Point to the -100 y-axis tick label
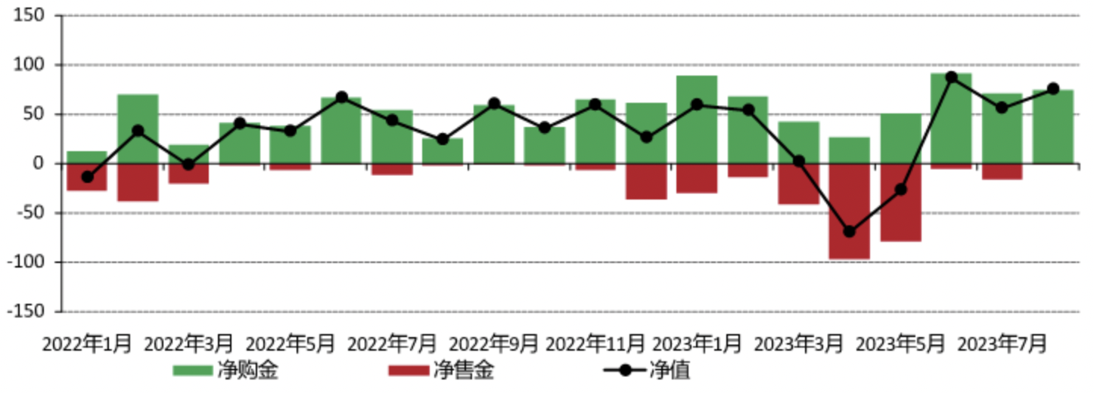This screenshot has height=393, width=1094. [x=30, y=262]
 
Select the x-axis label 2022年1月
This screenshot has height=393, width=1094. [x=87, y=344]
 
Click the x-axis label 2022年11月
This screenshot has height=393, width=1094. [x=596, y=344]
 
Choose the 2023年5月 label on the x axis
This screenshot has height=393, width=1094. [x=900, y=344]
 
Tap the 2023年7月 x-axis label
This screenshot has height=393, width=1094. [x=1002, y=344]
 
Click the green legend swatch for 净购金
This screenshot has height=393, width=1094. [x=191, y=370]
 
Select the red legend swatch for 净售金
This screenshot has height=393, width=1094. [x=409, y=370]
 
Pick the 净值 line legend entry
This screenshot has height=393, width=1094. [x=622, y=370]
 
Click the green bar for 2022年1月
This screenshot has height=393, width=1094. [x=87, y=157]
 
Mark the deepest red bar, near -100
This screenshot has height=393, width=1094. [x=850, y=212]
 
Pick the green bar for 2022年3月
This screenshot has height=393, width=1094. [x=188, y=153]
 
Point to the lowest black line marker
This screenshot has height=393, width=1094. [x=850, y=231]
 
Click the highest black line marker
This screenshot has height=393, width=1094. [x=952, y=77]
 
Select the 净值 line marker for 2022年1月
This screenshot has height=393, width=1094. [x=87, y=177]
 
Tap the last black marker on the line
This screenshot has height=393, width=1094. [x=1053, y=88]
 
